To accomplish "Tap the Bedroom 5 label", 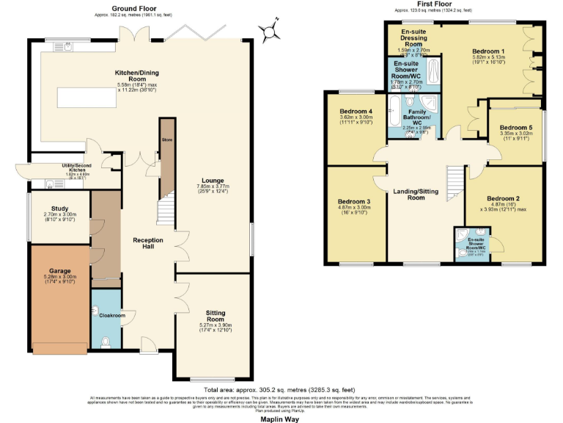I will [x=516, y=128].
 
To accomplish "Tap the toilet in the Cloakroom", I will [x=107, y=341].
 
